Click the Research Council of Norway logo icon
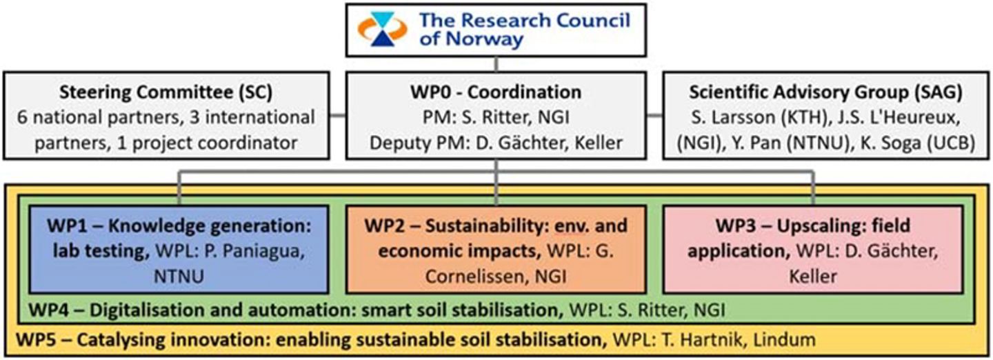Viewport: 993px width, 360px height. point(382,30)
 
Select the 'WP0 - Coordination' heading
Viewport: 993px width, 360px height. point(496,92)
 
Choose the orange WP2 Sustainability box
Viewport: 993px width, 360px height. point(496,248)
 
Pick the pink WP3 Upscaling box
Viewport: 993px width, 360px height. point(812,248)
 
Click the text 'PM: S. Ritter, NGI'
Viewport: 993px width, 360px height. point(496,117)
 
